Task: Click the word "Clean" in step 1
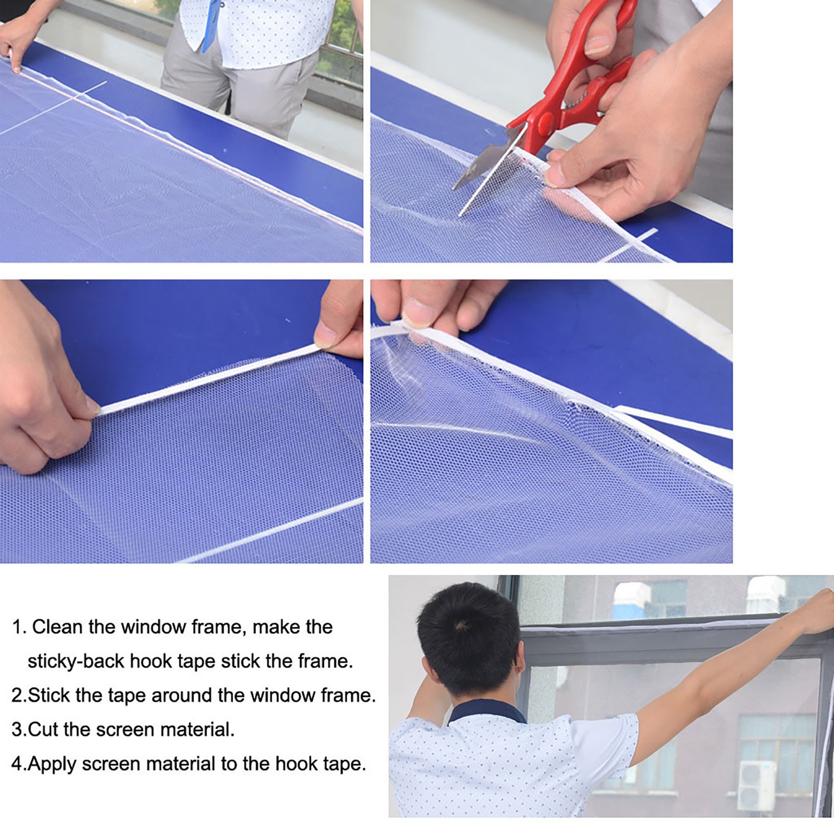(x=57, y=627)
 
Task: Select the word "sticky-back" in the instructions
(x=76, y=661)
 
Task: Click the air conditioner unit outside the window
(x=756, y=786)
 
